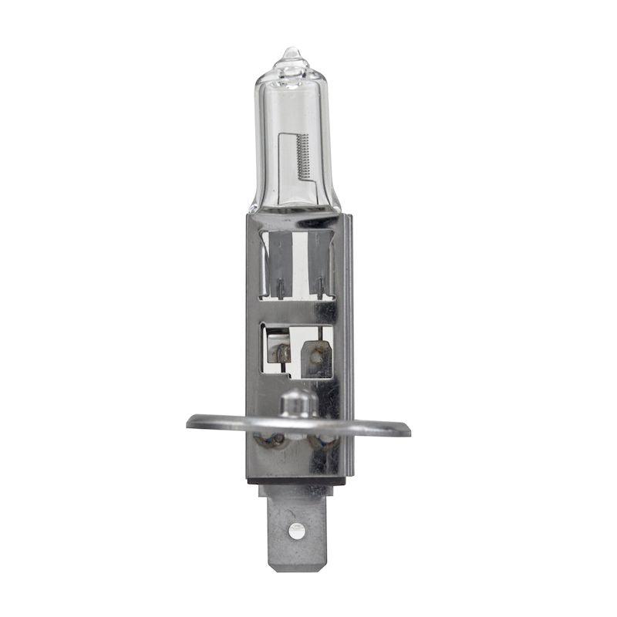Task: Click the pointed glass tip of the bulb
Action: pyautogui.click(x=292, y=52)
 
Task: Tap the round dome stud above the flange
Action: pyautogui.click(x=298, y=402)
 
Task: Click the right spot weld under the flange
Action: pyautogui.click(x=321, y=442)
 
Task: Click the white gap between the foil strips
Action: pyautogui.click(x=299, y=262)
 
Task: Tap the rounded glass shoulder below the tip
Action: pyautogui.click(x=292, y=73)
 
